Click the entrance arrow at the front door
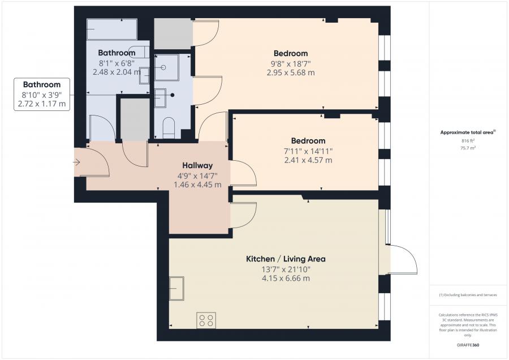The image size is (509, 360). pos(76,162)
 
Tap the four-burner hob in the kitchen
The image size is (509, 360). pos(206,320)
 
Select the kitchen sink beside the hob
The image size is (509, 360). pos(176,288)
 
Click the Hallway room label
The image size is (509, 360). pos(197,165)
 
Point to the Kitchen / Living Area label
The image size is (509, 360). pos(286,259)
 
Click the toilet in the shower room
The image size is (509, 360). pos(169,128)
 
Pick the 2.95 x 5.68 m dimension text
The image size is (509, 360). pos(291,72)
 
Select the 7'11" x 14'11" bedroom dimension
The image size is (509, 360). pos(308,151)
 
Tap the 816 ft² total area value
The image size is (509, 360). pos(468,141)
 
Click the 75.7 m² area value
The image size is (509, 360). pos(468,148)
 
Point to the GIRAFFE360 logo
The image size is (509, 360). pos(468,345)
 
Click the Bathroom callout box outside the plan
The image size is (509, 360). pos(42,94)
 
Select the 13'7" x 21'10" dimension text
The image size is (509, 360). pos(286,269)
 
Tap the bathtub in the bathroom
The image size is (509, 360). pos(111,29)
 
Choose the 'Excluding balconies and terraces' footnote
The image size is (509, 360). pos(468,295)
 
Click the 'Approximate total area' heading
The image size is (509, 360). pos(468,132)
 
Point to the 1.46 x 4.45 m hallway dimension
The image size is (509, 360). pos(197,185)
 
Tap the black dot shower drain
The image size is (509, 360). pos(172,95)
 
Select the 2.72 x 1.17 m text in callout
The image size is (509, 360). pos(42,104)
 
